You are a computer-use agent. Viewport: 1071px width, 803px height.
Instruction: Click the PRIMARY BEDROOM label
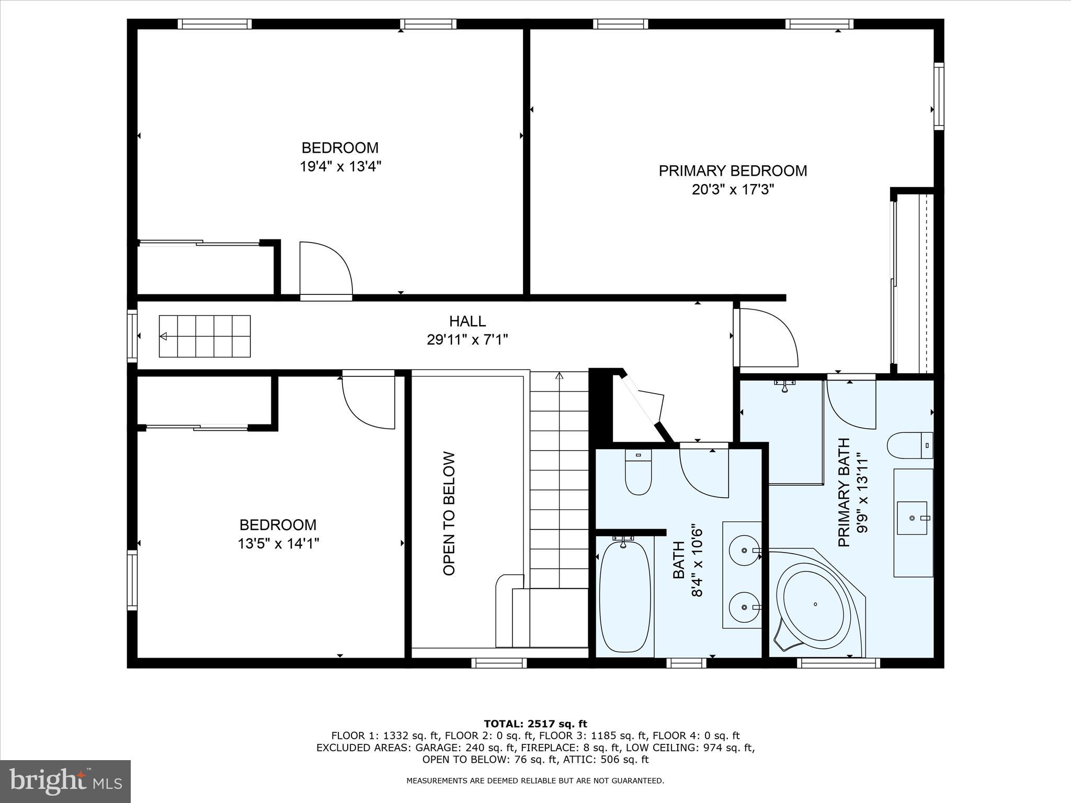(x=732, y=171)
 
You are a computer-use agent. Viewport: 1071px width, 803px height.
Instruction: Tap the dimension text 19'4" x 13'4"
(x=340, y=167)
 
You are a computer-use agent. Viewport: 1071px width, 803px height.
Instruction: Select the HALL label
(x=467, y=321)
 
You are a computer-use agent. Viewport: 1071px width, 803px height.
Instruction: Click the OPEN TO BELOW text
(x=449, y=513)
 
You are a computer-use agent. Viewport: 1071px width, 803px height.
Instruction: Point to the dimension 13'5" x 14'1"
(x=278, y=544)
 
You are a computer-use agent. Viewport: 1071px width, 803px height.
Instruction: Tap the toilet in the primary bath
(x=909, y=445)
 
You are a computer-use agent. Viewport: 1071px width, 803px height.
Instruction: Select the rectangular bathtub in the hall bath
(x=624, y=597)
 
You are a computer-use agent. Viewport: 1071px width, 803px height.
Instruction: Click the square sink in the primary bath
(x=912, y=518)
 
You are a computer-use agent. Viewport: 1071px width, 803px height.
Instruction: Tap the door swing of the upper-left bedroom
(x=325, y=269)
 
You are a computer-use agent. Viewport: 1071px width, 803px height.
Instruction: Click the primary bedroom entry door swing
(x=767, y=338)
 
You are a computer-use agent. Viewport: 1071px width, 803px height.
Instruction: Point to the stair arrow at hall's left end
(x=164, y=336)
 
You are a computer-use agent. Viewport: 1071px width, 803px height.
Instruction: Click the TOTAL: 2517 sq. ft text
(x=535, y=724)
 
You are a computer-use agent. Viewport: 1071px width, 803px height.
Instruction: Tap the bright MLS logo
(x=65, y=781)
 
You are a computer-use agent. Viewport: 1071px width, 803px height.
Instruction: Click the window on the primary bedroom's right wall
(x=939, y=96)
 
